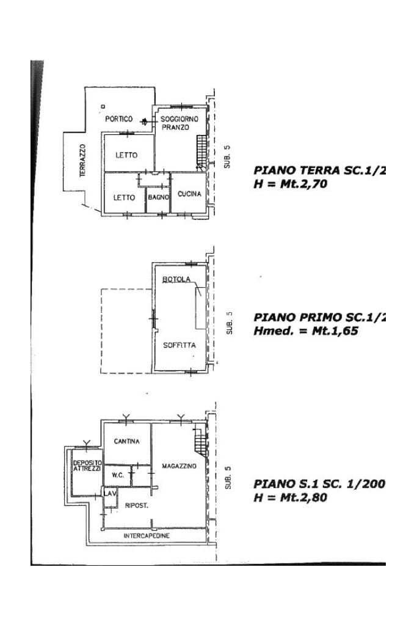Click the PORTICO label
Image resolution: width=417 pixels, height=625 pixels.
click(118, 119)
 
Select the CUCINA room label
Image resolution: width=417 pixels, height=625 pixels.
click(189, 194)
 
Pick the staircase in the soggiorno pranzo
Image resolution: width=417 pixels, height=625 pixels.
click(201, 152)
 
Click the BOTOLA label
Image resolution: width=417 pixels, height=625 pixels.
click(176, 280)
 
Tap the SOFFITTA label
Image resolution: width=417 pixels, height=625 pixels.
click(179, 345)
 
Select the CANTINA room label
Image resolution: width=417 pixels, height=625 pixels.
click(127, 441)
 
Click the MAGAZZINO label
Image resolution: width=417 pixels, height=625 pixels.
click(179, 466)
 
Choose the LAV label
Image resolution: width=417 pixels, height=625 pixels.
click(110, 493)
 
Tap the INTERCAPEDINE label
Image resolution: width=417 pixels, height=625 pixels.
click(147, 536)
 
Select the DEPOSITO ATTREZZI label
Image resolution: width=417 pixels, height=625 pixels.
click(87, 466)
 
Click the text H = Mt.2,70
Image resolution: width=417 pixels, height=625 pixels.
click(291, 183)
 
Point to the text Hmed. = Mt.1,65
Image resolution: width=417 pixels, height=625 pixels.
click(305, 332)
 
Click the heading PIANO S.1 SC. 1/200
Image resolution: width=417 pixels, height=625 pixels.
click(319, 484)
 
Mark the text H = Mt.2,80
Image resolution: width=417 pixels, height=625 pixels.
click(290, 498)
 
